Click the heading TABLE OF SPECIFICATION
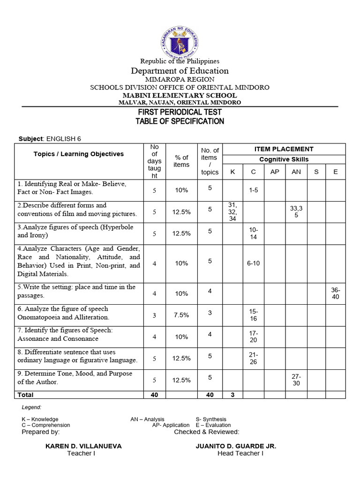pos(180,121)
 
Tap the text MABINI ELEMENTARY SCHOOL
pos(180,95)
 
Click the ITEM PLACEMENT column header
pos(284,149)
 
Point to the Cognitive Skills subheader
pos(284,159)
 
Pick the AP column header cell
pos(275,172)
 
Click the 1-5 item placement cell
pos(253,190)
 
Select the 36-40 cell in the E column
pos(335,293)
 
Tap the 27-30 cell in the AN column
pos(296,380)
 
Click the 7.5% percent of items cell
pos(181,315)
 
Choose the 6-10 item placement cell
pos(253,263)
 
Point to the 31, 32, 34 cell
pos(232,212)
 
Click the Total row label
pos(25,395)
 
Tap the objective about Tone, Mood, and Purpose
pos(75,378)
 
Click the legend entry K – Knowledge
pos(40,419)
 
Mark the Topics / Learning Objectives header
pos(79,154)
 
